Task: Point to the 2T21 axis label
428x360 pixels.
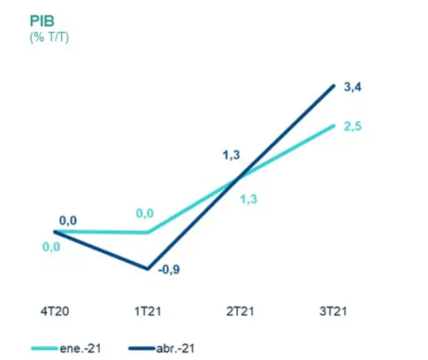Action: point(240,311)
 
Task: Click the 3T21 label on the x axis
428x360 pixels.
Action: point(334,311)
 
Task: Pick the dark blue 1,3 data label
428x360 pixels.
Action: point(231,157)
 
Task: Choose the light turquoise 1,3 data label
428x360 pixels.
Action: point(249,197)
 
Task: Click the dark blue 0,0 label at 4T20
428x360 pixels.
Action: point(68,219)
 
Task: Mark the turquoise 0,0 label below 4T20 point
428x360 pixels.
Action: point(51,247)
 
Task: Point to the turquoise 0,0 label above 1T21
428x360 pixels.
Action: point(144,213)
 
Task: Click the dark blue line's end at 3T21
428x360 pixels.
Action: point(334,86)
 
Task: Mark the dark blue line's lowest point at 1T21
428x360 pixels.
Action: point(146,269)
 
